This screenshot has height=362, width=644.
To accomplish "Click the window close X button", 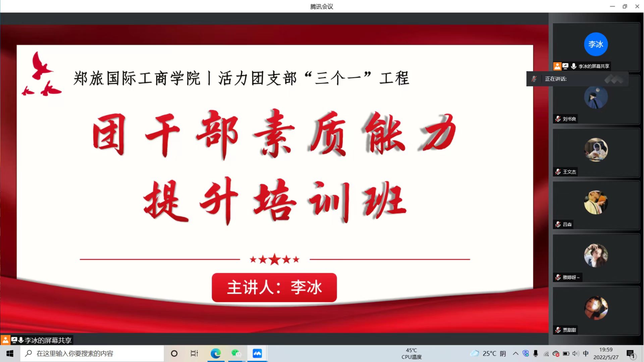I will (x=637, y=6).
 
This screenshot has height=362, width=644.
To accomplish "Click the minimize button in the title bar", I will (x=612, y=6).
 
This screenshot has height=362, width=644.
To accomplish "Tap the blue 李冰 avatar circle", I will (x=596, y=44).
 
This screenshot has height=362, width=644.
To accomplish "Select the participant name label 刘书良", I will (x=569, y=119).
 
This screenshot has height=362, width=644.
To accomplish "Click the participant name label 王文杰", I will (x=569, y=172).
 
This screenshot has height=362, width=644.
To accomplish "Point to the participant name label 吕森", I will (x=567, y=225).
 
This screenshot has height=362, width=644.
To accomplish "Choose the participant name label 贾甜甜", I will (x=569, y=330).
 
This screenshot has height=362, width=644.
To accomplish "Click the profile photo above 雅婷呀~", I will (x=596, y=255).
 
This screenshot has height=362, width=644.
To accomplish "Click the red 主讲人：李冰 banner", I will (x=274, y=288).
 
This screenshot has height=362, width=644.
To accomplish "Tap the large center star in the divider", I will (x=275, y=259).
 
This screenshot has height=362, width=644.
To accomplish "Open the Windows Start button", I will (x=10, y=354).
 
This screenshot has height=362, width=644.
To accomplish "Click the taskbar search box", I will (x=92, y=354).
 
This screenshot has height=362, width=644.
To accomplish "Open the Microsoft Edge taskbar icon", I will (x=216, y=354).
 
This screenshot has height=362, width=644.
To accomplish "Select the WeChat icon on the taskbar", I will (x=236, y=354).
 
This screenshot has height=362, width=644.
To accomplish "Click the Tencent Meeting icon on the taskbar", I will (x=257, y=354).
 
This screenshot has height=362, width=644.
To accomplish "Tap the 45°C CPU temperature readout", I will (x=412, y=354).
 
